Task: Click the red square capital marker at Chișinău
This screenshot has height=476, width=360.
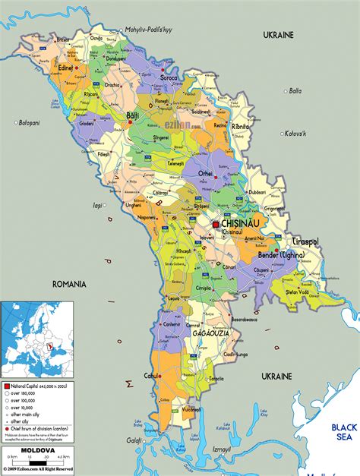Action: point(216,225)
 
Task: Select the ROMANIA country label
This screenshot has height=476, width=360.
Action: point(68,283)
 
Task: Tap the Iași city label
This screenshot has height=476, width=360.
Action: point(97,205)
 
